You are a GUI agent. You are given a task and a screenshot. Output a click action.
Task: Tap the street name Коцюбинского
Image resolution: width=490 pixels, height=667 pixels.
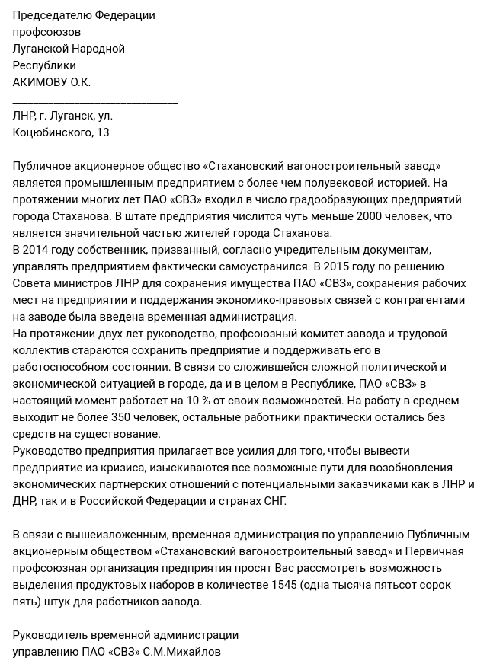coord(52,132)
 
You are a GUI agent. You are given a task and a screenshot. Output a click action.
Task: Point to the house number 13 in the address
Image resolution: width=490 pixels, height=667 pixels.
coord(103,132)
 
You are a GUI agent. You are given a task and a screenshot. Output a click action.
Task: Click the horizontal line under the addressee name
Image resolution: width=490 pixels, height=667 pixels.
coord(95,101)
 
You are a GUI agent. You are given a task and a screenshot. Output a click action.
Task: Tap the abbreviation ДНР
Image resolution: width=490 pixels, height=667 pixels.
coord(25,501)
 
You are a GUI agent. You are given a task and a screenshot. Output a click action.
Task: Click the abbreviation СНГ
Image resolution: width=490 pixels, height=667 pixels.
coord(272,501)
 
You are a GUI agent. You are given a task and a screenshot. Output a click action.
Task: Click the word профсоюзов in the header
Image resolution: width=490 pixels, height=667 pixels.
coord(46,32)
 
